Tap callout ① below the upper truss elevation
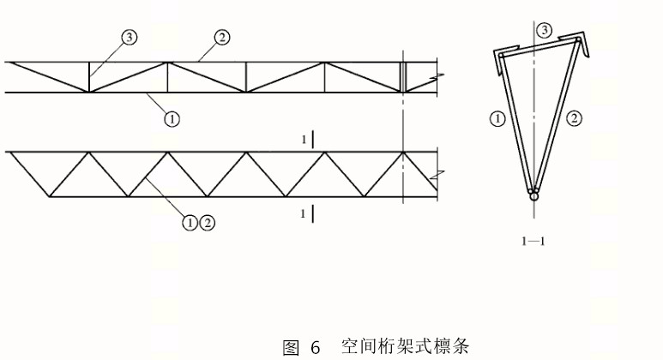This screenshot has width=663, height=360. click(x=172, y=119)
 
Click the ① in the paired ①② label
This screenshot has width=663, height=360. click(x=190, y=222)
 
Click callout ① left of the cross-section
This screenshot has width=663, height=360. click(x=497, y=119)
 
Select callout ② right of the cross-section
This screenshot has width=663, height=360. click(x=576, y=119)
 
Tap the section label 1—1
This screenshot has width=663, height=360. click(x=533, y=241)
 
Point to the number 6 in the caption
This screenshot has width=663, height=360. click(x=315, y=347)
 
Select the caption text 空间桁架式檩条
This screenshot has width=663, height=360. click(x=404, y=346)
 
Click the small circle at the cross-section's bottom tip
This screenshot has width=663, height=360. click(x=534, y=196)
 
